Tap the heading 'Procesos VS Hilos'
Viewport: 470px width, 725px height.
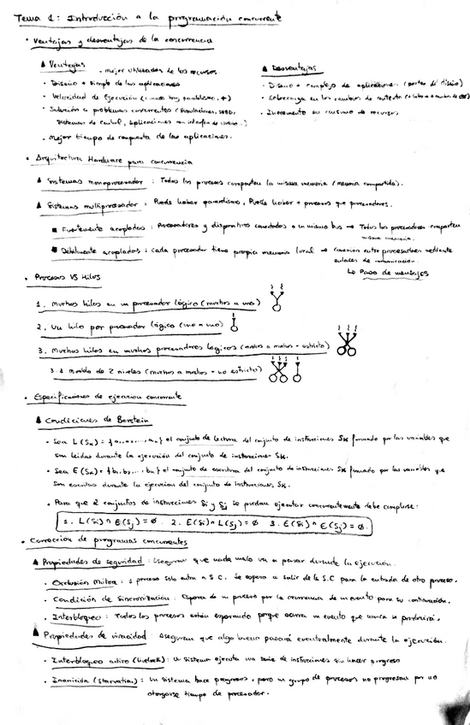pyautogui.click(x=66, y=277)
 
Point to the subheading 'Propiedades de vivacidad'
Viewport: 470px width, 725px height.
pyautogui.click(x=90, y=635)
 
